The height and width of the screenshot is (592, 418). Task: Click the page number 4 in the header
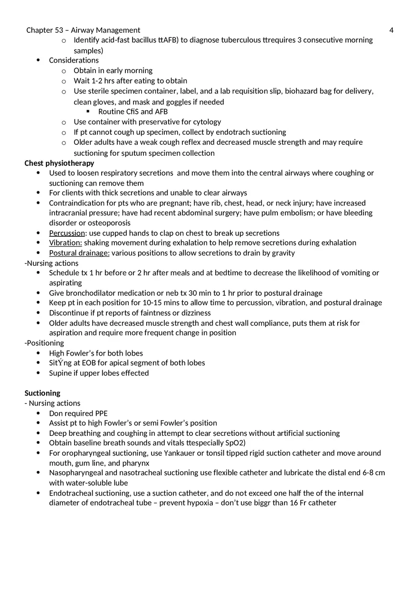point(391,30)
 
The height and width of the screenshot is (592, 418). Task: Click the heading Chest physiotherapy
point(59,163)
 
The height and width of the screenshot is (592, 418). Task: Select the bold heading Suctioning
point(42,393)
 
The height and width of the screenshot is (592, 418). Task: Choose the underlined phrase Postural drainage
point(79,253)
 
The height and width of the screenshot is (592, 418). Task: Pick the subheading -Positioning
point(44,343)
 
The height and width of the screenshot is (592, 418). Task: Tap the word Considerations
point(74,60)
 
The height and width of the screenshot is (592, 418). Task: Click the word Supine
point(60,373)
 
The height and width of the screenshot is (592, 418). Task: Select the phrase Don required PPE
point(78,413)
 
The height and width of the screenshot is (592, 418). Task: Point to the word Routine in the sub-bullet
point(112,112)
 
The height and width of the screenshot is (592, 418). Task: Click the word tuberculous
point(237,40)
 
